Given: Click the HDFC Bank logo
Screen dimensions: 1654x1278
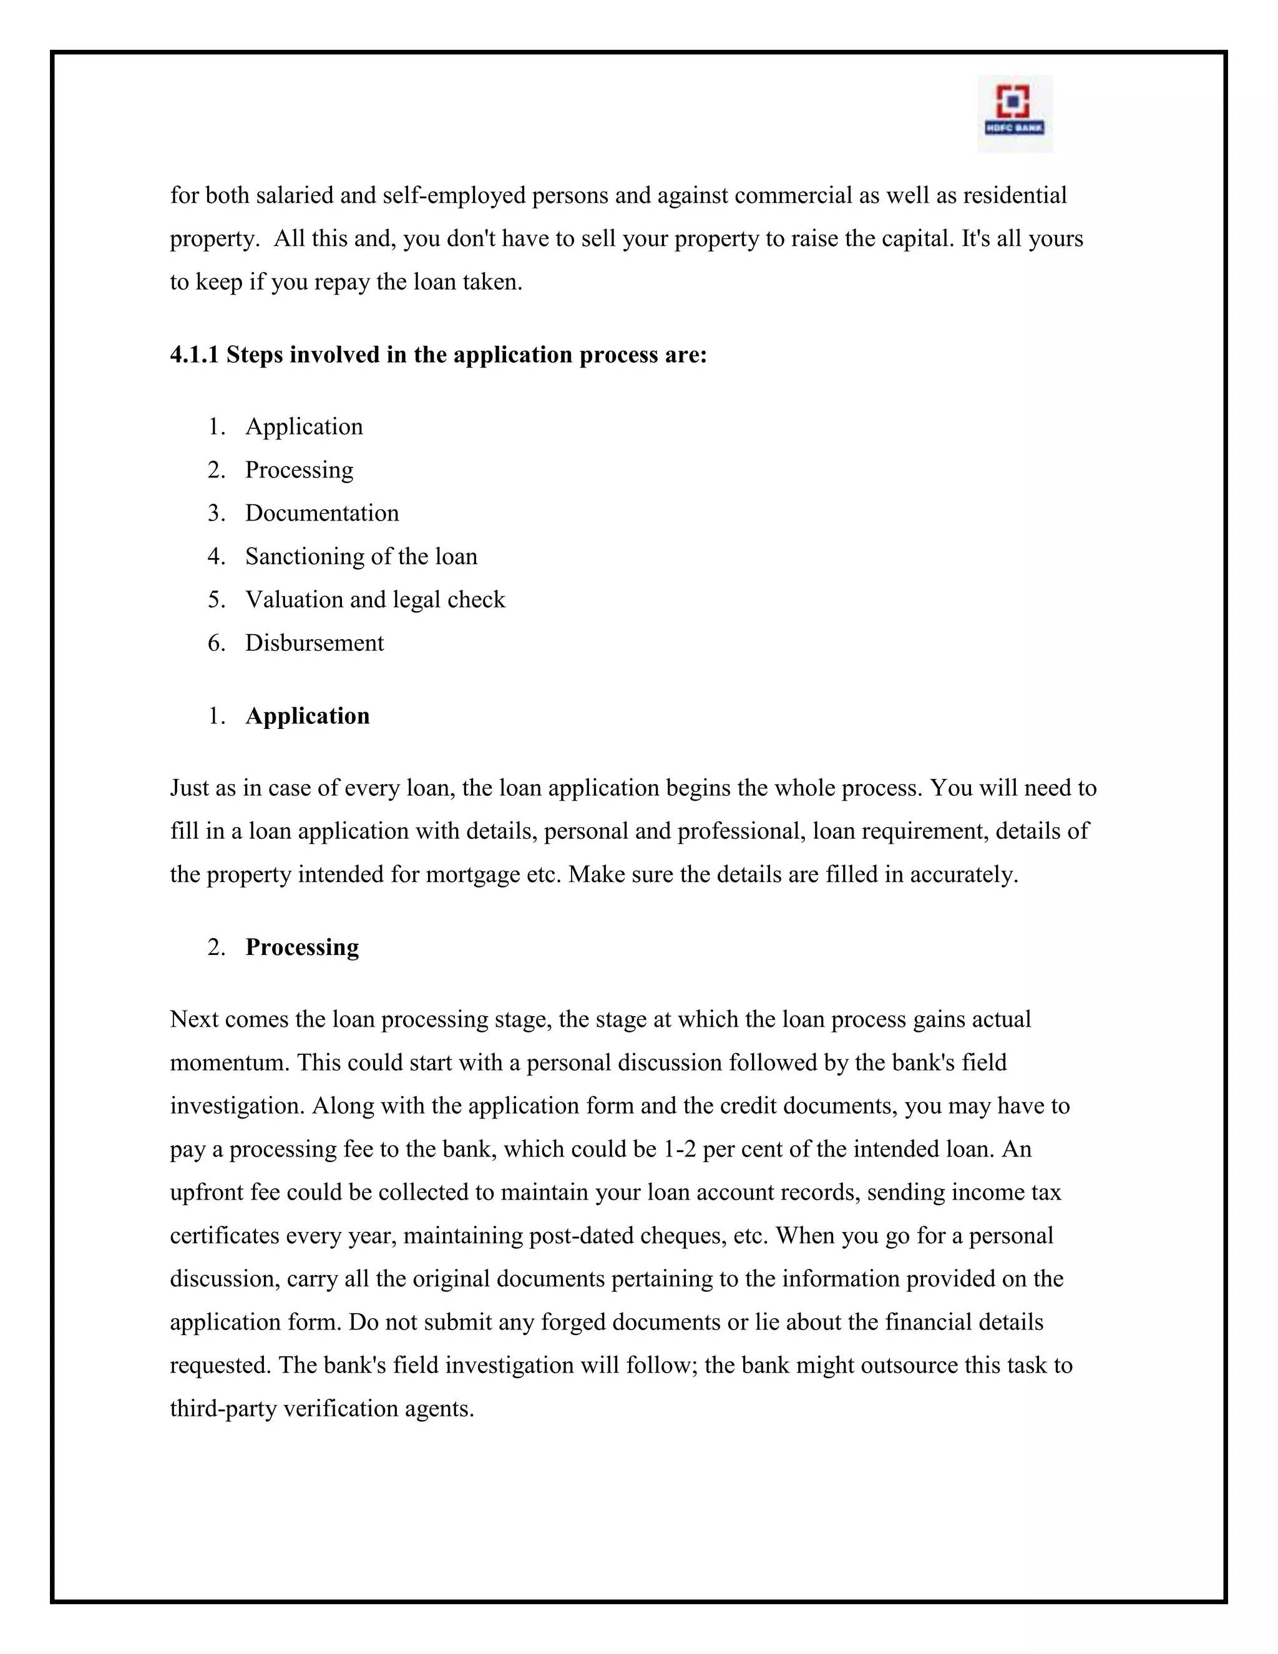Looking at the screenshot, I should pyautogui.click(x=1014, y=114).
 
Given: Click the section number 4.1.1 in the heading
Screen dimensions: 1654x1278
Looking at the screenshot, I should pyautogui.click(x=195, y=355).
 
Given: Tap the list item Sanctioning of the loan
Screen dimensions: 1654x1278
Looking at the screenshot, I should pyautogui.click(x=361, y=556).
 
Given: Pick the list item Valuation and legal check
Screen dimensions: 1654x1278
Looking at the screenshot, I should pyautogui.click(x=375, y=599).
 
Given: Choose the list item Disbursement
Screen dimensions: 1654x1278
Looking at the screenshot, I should pyautogui.click(x=315, y=642).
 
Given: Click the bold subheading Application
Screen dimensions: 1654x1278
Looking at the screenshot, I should pyautogui.click(x=308, y=716).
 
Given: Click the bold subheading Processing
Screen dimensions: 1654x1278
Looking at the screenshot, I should pyautogui.click(x=302, y=947).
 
